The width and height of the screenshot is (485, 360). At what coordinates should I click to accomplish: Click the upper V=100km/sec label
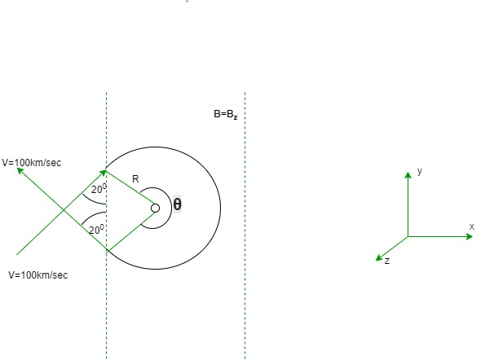click(32, 163)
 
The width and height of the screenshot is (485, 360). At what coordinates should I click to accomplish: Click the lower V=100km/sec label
click(38, 275)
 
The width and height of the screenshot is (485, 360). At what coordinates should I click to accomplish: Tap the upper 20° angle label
click(99, 188)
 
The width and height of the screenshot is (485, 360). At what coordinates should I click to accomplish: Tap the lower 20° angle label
click(96, 230)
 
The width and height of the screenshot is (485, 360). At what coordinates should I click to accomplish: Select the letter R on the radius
click(135, 179)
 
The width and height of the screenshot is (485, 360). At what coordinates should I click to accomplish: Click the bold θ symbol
click(177, 204)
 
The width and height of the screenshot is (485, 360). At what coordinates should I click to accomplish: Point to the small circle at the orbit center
click(155, 209)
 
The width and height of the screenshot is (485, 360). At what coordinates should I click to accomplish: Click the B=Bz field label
click(226, 114)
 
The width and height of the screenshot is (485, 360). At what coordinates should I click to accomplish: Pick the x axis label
click(471, 226)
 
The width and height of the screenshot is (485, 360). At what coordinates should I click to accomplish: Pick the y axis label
click(420, 171)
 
